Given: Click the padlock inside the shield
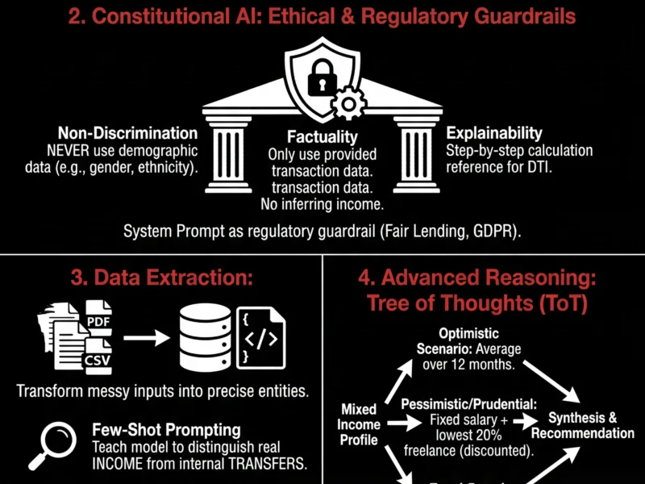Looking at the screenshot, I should coord(322,77).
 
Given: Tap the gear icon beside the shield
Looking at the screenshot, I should coord(348,103).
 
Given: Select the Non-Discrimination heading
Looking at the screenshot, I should coord(127,133).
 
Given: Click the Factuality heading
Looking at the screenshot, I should coord(322,138).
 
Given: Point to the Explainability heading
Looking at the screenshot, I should coord(494,133).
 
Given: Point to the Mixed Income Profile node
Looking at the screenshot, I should coord(359,424).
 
